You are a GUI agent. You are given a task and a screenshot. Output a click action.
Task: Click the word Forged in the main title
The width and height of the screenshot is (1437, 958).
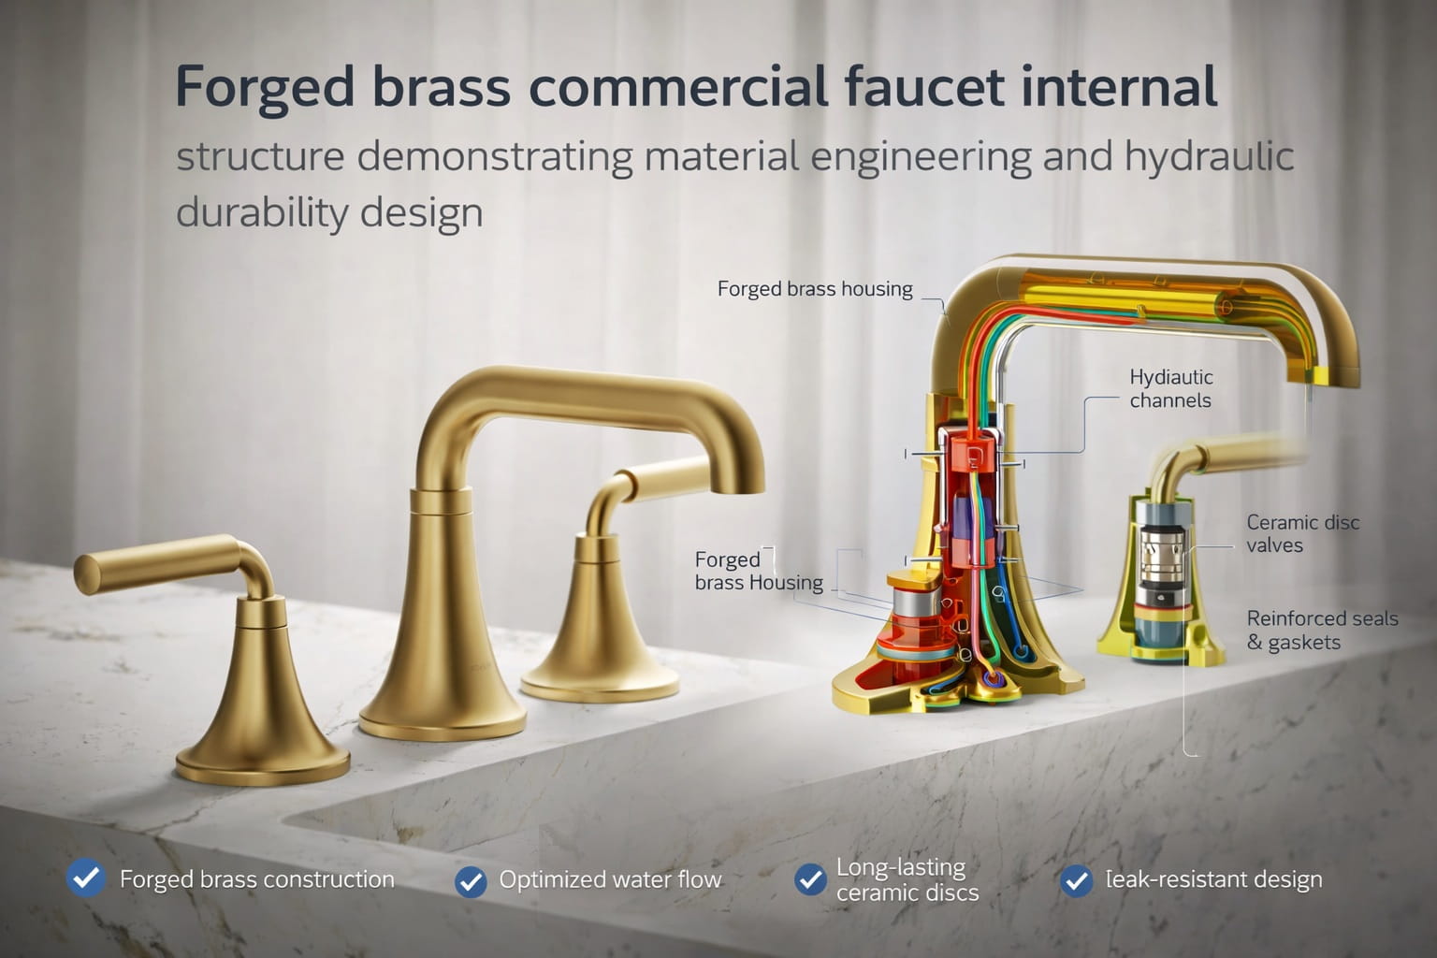[265, 87]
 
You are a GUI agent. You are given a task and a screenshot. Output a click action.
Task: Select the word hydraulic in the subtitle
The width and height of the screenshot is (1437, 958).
[1209, 156]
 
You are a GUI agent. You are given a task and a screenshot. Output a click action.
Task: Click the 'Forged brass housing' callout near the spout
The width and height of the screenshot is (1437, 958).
[815, 289]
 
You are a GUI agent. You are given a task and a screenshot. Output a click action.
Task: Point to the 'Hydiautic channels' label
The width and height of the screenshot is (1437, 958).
[1170, 388]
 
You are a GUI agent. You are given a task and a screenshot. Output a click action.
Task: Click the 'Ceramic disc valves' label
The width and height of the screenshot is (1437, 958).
[1301, 533]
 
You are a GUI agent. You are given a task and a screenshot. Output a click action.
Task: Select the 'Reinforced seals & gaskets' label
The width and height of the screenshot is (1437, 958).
[1321, 630]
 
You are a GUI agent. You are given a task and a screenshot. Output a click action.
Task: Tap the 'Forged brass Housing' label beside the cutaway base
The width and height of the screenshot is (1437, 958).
[758, 571]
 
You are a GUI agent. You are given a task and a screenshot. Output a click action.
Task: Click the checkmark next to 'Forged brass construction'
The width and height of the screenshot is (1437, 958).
[86, 878]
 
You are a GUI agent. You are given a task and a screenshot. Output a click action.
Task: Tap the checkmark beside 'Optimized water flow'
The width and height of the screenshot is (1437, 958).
[471, 880]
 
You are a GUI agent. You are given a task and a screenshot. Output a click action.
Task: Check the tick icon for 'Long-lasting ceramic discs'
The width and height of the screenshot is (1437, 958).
[810, 879]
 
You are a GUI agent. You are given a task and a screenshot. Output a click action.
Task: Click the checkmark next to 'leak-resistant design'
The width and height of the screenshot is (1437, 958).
[1077, 880]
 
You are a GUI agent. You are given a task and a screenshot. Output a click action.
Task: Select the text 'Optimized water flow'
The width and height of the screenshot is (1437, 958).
[610, 879]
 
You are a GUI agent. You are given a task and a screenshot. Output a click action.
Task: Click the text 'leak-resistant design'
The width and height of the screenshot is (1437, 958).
[1213, 879]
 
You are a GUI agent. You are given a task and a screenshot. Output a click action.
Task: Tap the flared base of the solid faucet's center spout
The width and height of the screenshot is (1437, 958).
[442, 692]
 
